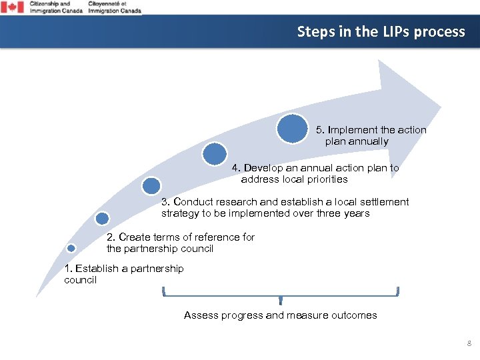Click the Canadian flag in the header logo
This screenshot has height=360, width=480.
[x=12, y=7]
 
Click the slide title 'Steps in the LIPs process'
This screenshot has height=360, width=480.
[x=381, y=31]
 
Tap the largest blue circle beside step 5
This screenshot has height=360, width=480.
[x=292, y=129]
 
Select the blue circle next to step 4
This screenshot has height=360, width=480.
[x=215, y=154]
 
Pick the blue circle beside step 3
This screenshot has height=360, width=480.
[x=151, y=185]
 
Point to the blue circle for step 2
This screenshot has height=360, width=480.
[x=102, y=218]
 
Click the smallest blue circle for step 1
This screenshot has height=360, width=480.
[x=72, y=248]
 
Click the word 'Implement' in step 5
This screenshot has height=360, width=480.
[x=353, y=130]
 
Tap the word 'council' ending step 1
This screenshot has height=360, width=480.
[x=80, y=280]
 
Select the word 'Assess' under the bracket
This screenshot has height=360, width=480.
[x=200, y=315]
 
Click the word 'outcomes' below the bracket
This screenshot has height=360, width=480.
[x=353, y=315]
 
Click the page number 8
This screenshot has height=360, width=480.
[x=469, y=344]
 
